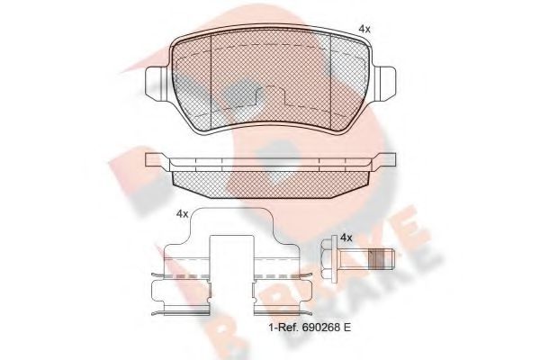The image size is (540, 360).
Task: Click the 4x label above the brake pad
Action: click(x=364, y=29)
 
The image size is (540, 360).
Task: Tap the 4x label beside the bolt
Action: click(x=346, y=238)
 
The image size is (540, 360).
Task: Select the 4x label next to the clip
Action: click(x=182, y=214)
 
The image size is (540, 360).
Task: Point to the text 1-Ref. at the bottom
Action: click(x=284, y=327)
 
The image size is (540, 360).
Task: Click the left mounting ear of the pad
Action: click(x=157, y=84)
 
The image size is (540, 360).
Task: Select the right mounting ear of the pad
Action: click(x=384, y=84)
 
